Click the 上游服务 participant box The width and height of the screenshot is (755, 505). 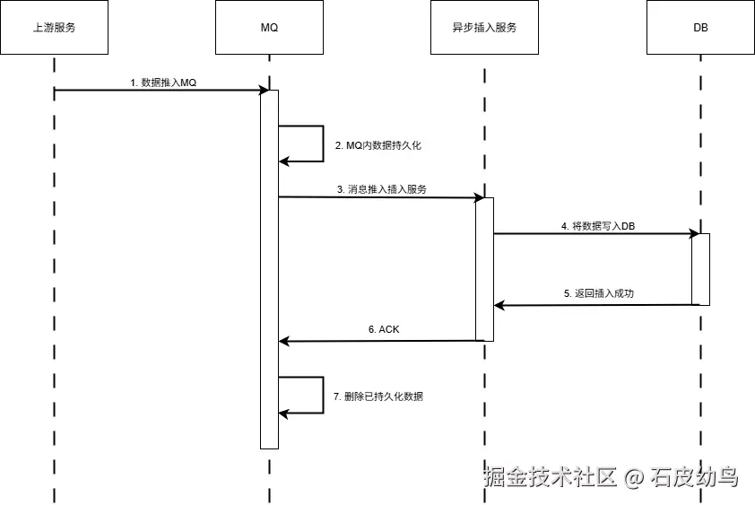point(54,28)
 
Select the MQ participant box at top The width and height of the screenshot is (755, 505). point(269,28)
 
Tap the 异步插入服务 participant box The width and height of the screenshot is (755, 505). point(484,28)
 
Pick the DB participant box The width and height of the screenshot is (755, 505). point(700,28)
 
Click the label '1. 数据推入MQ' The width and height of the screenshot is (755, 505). point(163,83)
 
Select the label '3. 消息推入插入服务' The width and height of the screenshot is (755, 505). point(381,189)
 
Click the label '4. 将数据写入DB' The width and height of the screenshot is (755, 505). point(598,226)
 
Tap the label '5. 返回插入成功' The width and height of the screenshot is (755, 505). point(599,293)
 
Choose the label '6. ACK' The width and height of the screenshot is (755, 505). point(384,329)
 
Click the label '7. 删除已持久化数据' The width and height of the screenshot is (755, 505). point(377,396)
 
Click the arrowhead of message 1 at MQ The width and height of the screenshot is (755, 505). point(265,90)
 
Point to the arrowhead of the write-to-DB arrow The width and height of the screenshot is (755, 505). point(695,233)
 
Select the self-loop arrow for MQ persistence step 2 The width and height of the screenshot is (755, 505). point(321,144)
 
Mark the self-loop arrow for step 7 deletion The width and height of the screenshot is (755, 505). point(321,395)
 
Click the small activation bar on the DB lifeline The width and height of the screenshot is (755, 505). point(700,269)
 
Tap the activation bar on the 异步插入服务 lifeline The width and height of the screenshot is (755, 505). point(484,269)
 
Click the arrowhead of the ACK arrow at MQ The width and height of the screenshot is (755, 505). point(284,341)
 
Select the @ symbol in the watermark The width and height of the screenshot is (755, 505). point(634,477)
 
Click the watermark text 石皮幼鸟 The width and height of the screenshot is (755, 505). point(694,476)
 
